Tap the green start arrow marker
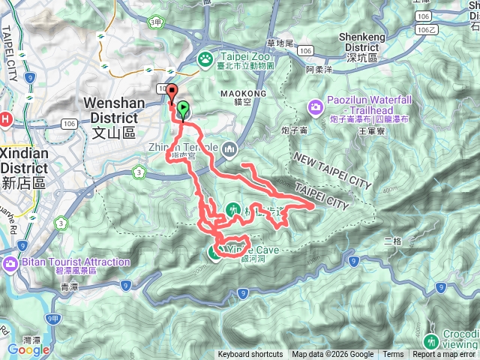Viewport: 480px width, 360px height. click(182, 109)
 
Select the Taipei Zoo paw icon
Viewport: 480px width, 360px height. click(205, 58)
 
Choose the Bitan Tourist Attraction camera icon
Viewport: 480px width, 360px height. click(10, 263)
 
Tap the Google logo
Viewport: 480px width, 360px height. click(28, 349)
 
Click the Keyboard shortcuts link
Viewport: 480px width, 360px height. click(250, 355)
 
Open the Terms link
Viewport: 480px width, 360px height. click(392, 355)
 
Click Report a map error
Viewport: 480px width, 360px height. click(445, 355)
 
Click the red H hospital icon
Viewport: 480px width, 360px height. click(4, 118)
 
